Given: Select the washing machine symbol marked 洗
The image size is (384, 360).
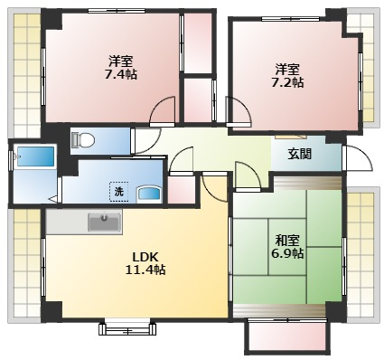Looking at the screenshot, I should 118,191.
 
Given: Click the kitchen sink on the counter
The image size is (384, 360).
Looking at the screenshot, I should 104,221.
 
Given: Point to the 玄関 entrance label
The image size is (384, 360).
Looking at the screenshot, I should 300,154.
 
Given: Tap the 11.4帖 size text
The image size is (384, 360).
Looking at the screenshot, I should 145,270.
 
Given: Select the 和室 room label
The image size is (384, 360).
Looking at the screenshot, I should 288,240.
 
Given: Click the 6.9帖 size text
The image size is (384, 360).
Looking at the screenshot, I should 288,253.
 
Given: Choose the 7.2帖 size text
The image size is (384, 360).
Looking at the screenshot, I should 288,82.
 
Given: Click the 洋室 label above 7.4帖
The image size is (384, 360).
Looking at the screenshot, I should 120,61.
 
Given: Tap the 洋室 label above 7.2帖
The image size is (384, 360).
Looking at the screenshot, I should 288,69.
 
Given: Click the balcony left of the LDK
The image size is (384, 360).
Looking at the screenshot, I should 25,262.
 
